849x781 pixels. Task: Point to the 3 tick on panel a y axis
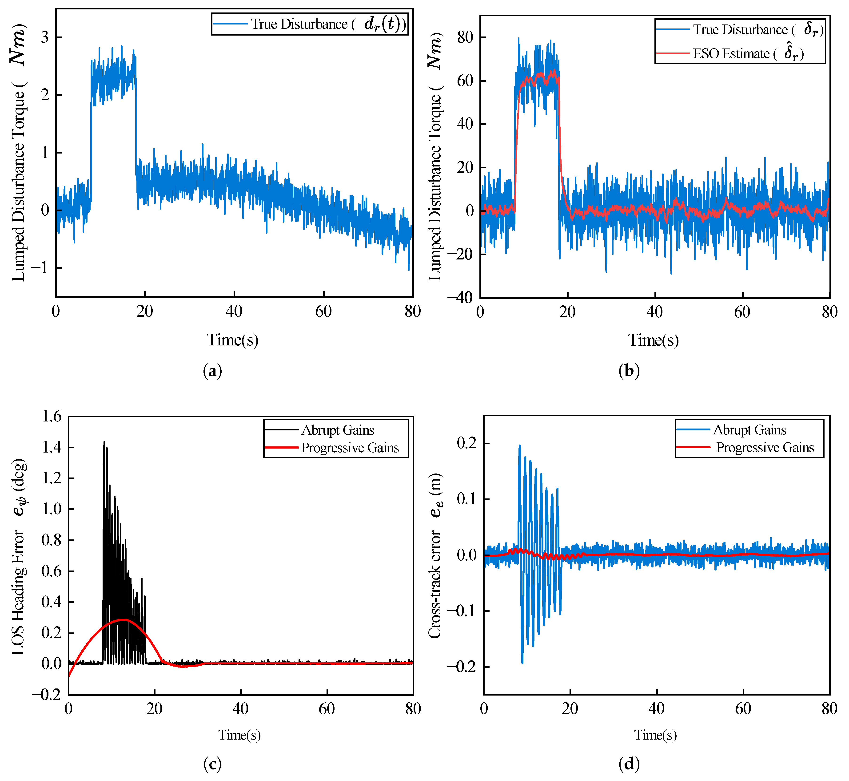coord(45,37)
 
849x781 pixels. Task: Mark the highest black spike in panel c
coord(104,442)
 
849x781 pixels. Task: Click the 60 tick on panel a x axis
coord(323,312)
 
